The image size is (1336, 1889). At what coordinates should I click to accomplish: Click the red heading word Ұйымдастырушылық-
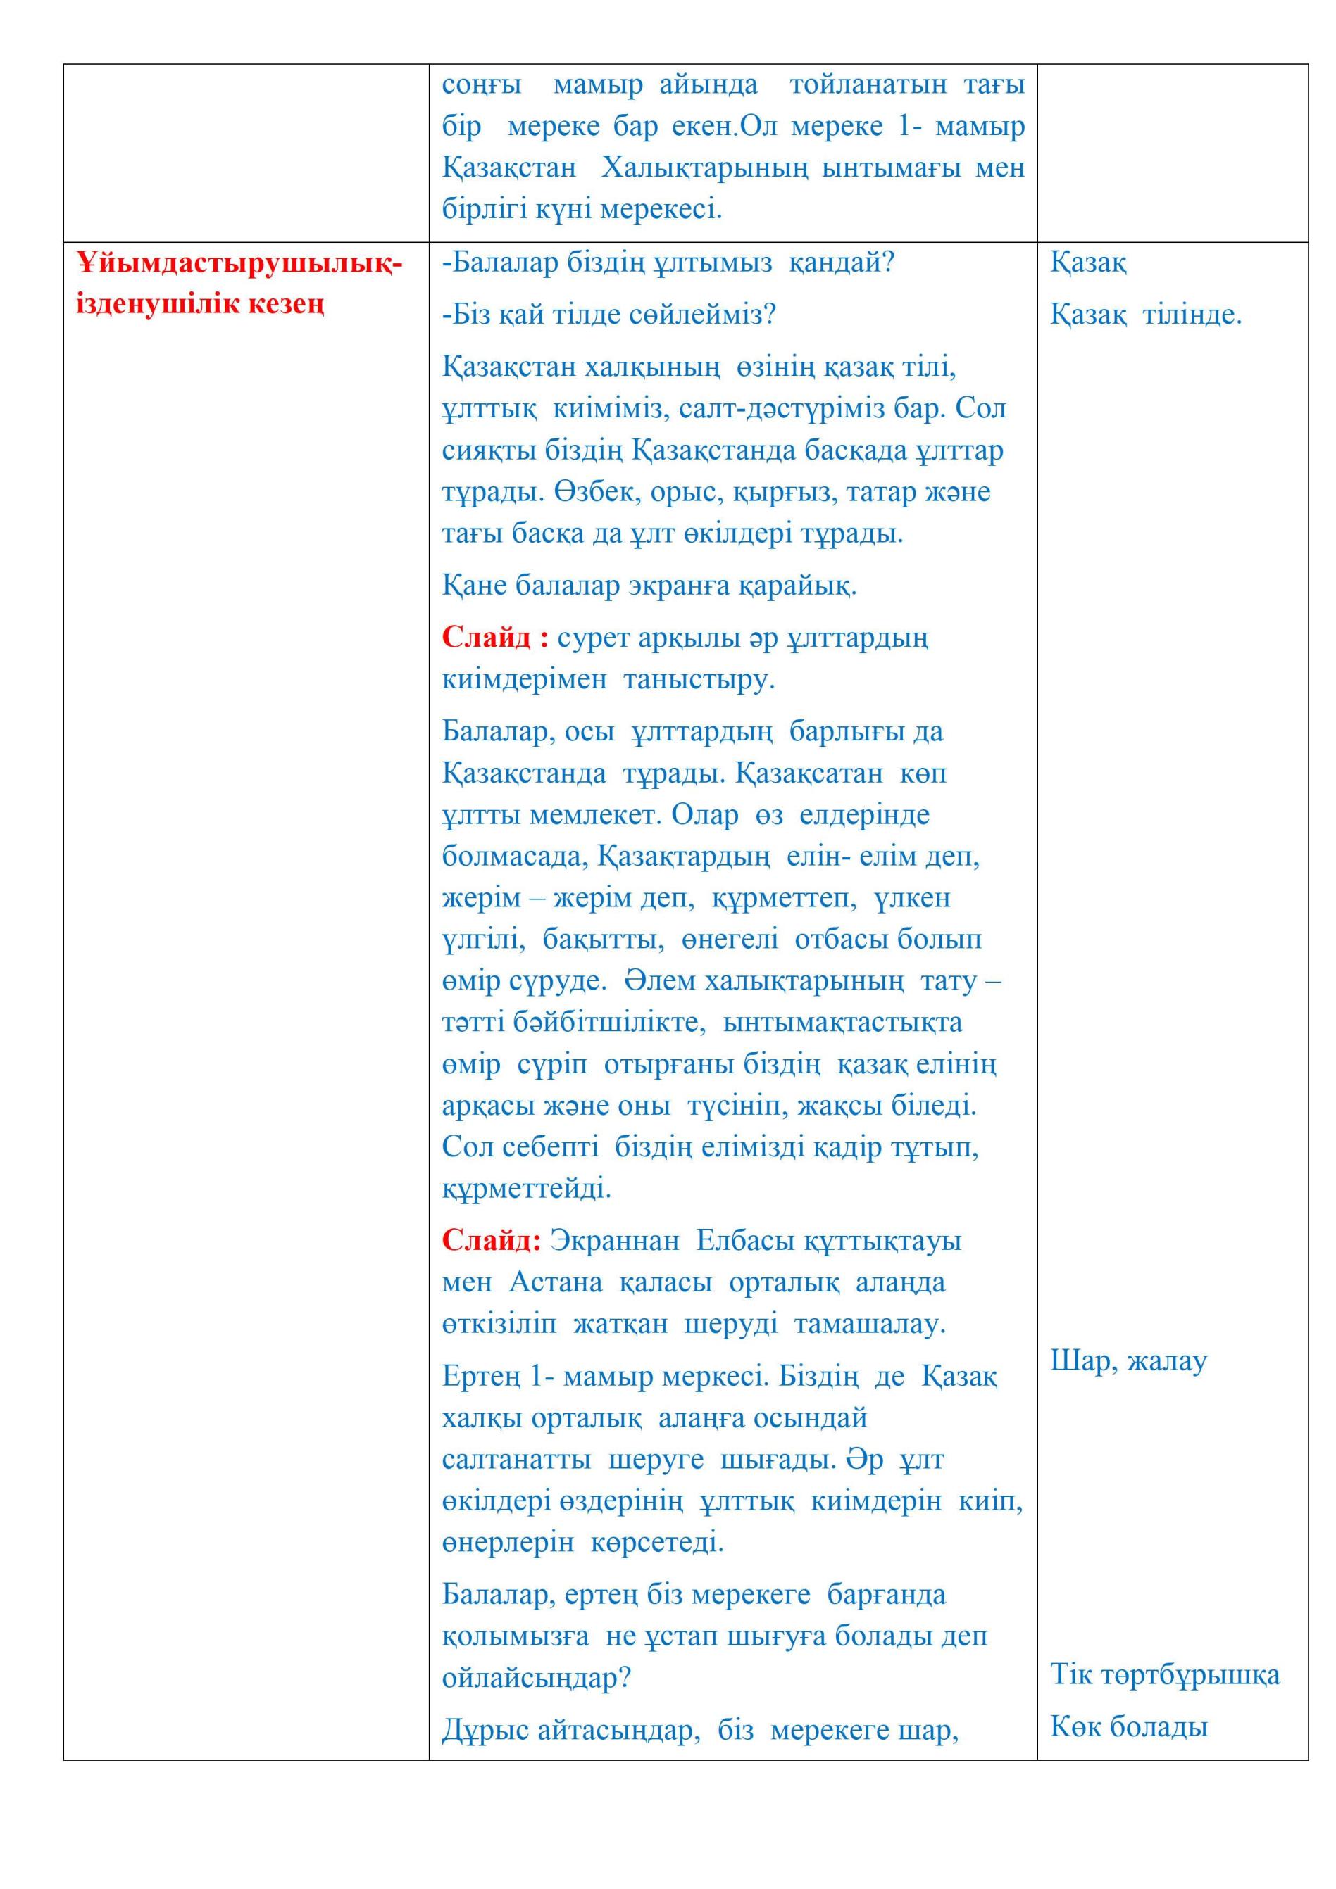pyautogui.click(x=239, y=264)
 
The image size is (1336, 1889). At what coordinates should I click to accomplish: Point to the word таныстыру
pyautogui.click(x=699, y=680)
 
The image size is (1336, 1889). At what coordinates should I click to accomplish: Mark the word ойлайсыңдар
pyautogui.click(x=536, y=1679)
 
